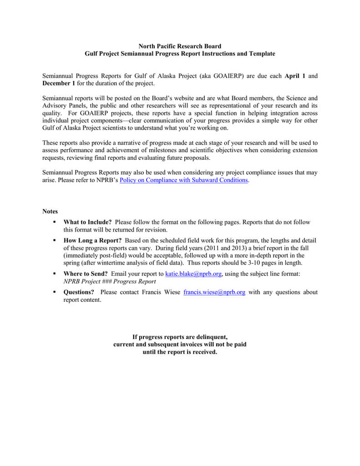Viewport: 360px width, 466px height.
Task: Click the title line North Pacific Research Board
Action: (180, 46)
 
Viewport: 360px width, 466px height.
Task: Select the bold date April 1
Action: (294, 76)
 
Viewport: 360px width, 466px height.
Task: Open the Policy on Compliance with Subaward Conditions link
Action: (183, 180)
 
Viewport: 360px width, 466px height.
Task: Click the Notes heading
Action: (50, 211)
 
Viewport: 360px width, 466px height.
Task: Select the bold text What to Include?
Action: (87, 222)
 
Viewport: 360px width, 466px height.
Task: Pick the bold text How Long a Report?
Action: (92, 240)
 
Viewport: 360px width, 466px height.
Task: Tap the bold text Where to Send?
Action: (86, 274)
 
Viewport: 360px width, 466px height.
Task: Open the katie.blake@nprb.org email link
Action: (193, 274)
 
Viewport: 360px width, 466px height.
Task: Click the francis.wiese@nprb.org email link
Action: (214, 292)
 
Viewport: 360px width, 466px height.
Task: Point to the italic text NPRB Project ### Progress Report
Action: (109, 281)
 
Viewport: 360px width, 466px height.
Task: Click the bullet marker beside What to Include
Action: (54, 222)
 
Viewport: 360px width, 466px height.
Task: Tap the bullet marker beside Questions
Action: (54, 292)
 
